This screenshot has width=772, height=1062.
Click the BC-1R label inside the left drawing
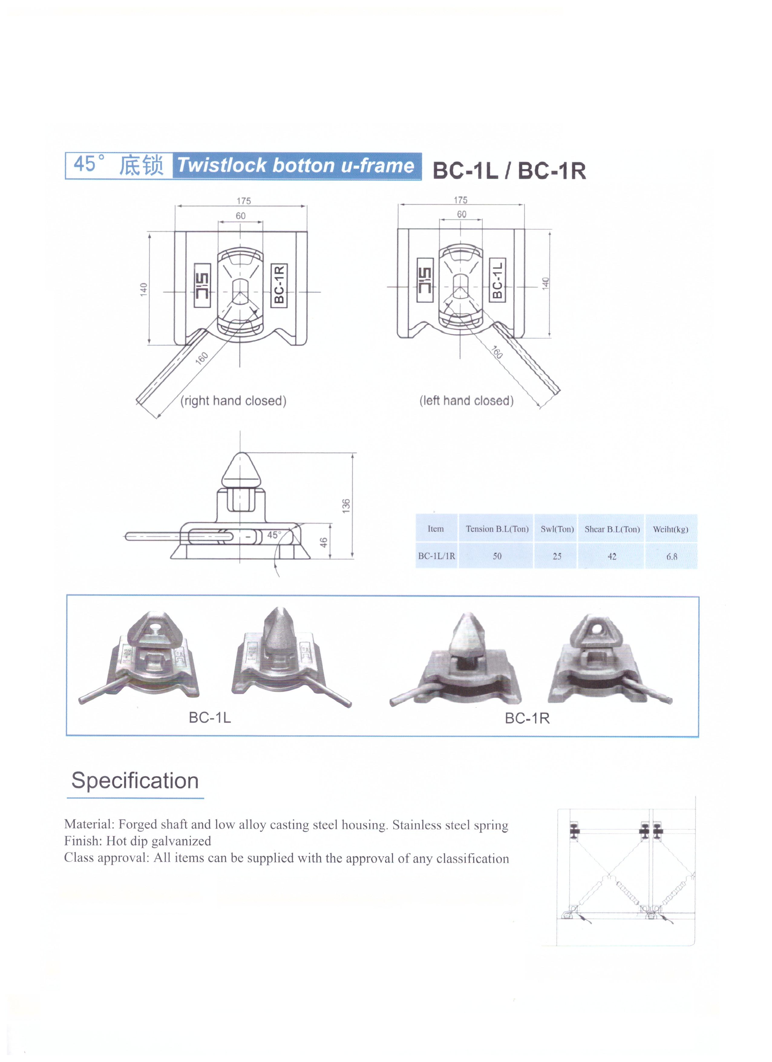(x=279, y=285)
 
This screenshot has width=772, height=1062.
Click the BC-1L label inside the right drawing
(x=498, y=280)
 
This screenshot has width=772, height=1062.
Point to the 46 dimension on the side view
(x=323, y=542)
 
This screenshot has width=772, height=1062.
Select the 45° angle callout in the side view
(x=274, y=535)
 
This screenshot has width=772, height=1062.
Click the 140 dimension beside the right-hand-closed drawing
(x=144, y=289)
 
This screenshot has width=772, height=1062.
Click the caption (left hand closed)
(x=466, y=401)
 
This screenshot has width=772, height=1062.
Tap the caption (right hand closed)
(x=233, y=401)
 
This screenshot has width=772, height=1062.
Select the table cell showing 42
(x=611, y=556)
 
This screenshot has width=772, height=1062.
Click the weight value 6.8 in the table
(x=671, y=556)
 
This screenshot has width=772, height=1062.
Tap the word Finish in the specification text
(x=82, y=841)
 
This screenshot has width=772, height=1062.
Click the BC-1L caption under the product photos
(x=210, y=717)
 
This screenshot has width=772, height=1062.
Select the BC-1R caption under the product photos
(x=527, y=718)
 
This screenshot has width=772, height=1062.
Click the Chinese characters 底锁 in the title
(x=141, y=165)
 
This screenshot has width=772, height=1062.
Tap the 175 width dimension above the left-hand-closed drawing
(x=460, y=200)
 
